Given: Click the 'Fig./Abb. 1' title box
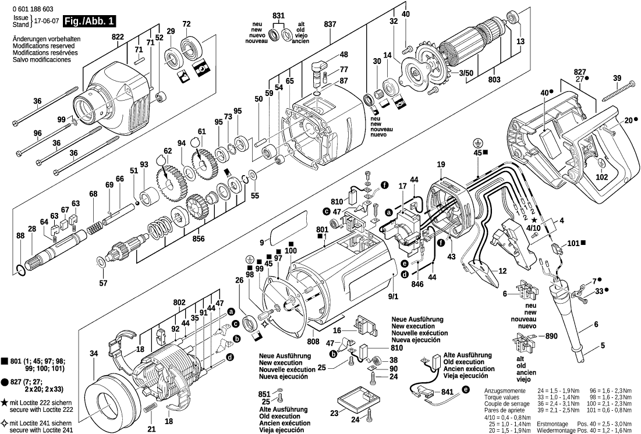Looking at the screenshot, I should [x=90, y=22].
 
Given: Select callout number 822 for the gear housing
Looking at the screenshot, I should [x=118, y=36].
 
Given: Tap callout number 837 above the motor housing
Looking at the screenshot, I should [x=330, y=24].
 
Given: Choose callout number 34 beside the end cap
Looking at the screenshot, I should [x=94, y=354].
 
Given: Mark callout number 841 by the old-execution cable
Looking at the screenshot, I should [x=447, y=393].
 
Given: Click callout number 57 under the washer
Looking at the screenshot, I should [x=103, y=283].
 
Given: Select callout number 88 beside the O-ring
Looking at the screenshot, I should [x=21, y=236].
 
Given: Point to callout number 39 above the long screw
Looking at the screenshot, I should [x=617, y=79].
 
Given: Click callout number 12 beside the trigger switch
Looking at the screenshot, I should [x=502, y=271].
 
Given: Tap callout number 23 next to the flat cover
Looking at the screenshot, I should [x=334, y=414].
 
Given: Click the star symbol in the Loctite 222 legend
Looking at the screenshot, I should [x=5, y=402].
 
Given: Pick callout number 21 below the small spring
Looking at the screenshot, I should [x=151, y=429].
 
